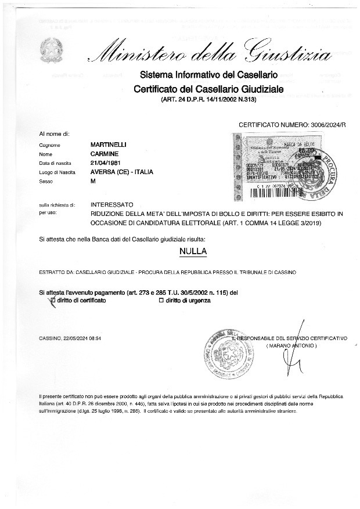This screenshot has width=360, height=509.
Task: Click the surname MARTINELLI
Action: [x=110, y=144]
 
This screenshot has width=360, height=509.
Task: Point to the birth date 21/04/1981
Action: [x=107, y=163]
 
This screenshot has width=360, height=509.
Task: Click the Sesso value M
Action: [x=93, y=182]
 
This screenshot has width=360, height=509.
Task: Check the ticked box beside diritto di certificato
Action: [x=53, y=301]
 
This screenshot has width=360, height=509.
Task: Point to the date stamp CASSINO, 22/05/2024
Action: [x=70, y=338]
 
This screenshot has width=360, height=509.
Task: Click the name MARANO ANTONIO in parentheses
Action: [x=291, y=345]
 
